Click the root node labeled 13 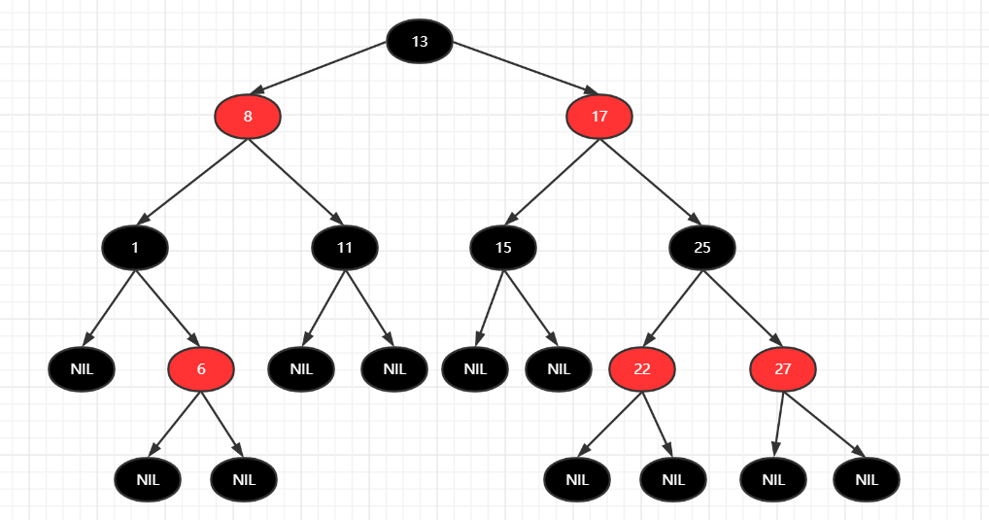(420, 41)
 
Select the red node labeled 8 (248, 117)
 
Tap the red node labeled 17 (599, 117)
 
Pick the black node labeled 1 (135, 247)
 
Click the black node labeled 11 (345, 247)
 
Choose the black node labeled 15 (503, 247)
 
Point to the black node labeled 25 (702, 247)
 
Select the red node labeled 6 (201, 368)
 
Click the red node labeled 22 (642, 368)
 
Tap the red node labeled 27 (783, 368)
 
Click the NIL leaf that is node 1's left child (83, 368)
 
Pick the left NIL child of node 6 (148, 479)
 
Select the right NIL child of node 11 (394, 368)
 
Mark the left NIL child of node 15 (475, 368)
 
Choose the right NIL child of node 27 (867, 479)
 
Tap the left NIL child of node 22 (577, 479)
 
